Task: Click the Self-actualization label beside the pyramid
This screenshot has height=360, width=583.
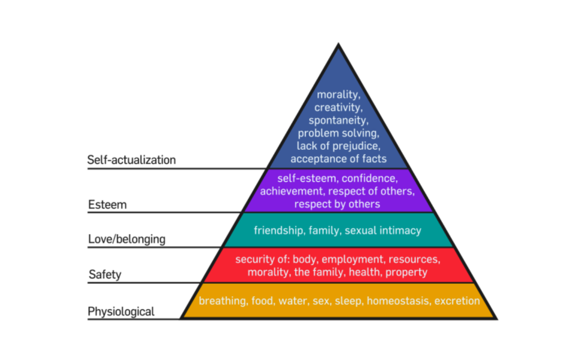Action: (132, 160)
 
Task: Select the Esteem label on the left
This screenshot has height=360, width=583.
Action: (108, 205)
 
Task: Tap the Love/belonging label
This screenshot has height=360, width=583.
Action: (127, 239)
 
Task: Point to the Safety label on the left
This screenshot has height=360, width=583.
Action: (105, 274)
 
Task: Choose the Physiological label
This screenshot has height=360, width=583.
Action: (121, 312)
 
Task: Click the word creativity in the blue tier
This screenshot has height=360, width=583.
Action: (338, 107)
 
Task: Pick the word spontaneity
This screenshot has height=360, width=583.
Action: (338, 120)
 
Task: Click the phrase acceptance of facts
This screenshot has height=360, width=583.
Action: (338, 159)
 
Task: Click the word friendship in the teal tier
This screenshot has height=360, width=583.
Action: (278, 231)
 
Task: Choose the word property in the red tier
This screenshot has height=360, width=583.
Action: (406, 272)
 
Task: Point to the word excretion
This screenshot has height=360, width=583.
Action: (457, 301)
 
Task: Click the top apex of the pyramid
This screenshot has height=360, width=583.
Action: (338, 45)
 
